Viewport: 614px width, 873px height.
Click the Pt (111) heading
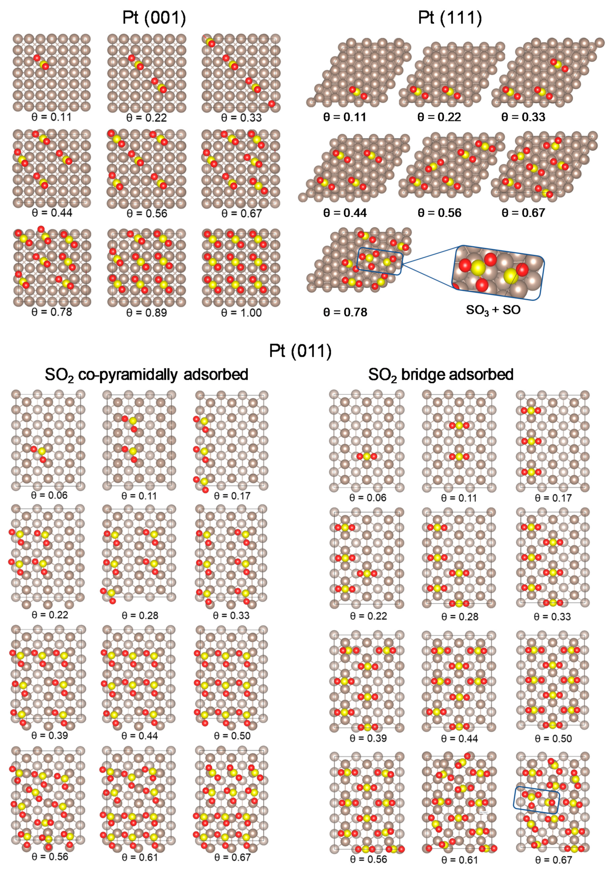coord(450,18)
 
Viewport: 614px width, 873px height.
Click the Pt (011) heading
coord(300,351)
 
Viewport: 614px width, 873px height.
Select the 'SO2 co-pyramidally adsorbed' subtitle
coord(146,375)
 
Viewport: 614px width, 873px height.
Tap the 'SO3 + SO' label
coord(493,310)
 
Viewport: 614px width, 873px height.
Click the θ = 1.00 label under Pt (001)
coord(241,313)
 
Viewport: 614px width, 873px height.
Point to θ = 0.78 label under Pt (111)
coord(345,312)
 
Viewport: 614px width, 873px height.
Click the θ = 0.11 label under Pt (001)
coord(51,117)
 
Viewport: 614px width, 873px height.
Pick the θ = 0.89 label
coord(146,313)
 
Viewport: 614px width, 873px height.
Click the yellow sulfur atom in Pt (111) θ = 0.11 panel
coord(358,93)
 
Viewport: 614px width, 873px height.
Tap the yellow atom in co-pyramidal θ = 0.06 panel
coord(42,451)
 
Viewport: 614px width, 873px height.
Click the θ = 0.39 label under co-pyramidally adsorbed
coord(49,735)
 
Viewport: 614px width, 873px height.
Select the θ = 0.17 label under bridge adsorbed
coord(553,498)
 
